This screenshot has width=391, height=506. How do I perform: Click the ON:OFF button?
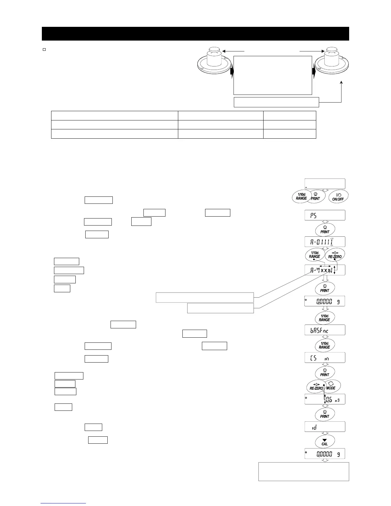pyautogui.click(x=338, y=196)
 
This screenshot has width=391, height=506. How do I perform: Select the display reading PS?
pyautogui.click(x=325, y=215)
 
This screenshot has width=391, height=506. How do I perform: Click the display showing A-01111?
pyautogui.click(x=325, y=242)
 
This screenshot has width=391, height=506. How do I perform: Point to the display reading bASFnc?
pyautogui.click(x=325, y=330)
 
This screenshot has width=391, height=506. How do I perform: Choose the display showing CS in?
pyautogui.click(x=325, y=358)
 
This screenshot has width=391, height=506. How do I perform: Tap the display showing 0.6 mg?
pyautogui.click(x=325, y=399)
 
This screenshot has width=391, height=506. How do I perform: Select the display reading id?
pyautogui.click(x=325, y=427)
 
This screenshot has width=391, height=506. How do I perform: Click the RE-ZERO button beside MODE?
pyautogui.click(x=316, y=387)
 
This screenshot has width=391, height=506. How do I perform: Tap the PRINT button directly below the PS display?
pyautogui.click(x=325, y=230)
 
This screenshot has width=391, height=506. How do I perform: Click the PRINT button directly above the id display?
pyautogui.click(x=325, y=414)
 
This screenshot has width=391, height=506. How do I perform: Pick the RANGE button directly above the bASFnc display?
pyautogui.click(x=325, y=318)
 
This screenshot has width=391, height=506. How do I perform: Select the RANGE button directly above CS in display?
pyautogui.click(x=325, y=345)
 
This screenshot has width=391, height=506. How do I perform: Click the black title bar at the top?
pyautogui.click(x=195, y=34)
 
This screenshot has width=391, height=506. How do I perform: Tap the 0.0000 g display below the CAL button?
pyautogui.click(x=325, y=454)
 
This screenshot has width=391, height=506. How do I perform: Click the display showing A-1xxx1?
pyautogui.click(x=325, y=270)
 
